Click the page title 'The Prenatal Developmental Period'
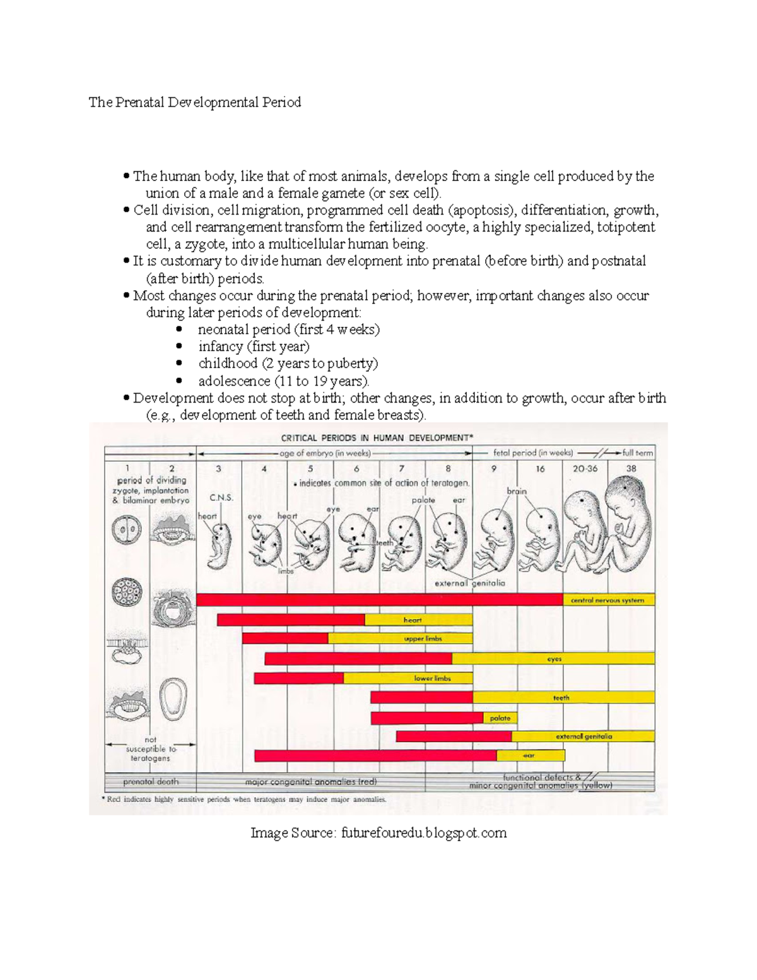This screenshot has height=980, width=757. click(x=195, y=102)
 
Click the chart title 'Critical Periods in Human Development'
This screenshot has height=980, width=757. click(x=377, y=437)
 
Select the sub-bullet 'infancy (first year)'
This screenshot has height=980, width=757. click(x=254, y=346)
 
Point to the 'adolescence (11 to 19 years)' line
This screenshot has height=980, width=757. click(x=283, y=381)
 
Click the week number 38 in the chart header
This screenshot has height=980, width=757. click(x=631, y=468)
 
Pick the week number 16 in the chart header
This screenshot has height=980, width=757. click(x=540, y=469)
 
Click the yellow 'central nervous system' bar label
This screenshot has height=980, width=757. click(x=607, y=600)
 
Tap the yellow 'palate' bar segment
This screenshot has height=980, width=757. click(x=500, y=718)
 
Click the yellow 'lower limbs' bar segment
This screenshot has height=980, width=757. click(x=432, y=678)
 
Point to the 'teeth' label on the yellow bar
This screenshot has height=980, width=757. click(x=561, y=698)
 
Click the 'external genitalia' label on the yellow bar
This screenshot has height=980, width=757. click(x=584, y=736)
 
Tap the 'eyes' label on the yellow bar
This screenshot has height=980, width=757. click(x=554, y=659)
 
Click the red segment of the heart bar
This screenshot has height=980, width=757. click(x=291, y=620)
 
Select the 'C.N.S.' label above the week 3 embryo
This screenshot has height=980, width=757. click(x=221, y=497)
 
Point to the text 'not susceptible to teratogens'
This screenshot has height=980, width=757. click(x=150, y=749)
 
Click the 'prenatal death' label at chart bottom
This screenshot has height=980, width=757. click(x=150, y=782)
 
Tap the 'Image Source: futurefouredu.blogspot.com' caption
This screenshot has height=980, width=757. click(x=378, y=833)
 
